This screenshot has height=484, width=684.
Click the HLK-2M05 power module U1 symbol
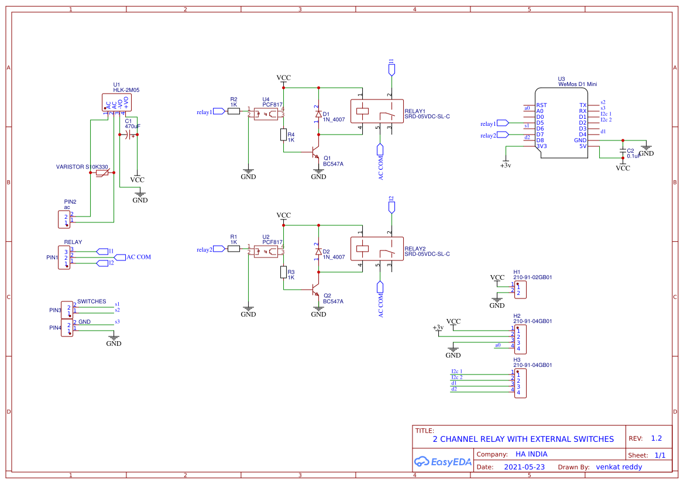[117, 102]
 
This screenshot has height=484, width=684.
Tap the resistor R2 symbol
[233, 111]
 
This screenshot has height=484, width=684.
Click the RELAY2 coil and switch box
[376, 248]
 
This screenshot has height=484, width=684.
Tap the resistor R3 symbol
[283, 272]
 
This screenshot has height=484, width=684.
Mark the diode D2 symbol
[318, 252]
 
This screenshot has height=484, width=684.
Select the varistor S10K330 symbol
[102, 173]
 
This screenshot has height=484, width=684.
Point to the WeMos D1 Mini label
[578, 84]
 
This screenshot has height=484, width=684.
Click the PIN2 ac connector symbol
[64, 219]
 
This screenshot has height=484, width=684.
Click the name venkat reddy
[618, 467]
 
